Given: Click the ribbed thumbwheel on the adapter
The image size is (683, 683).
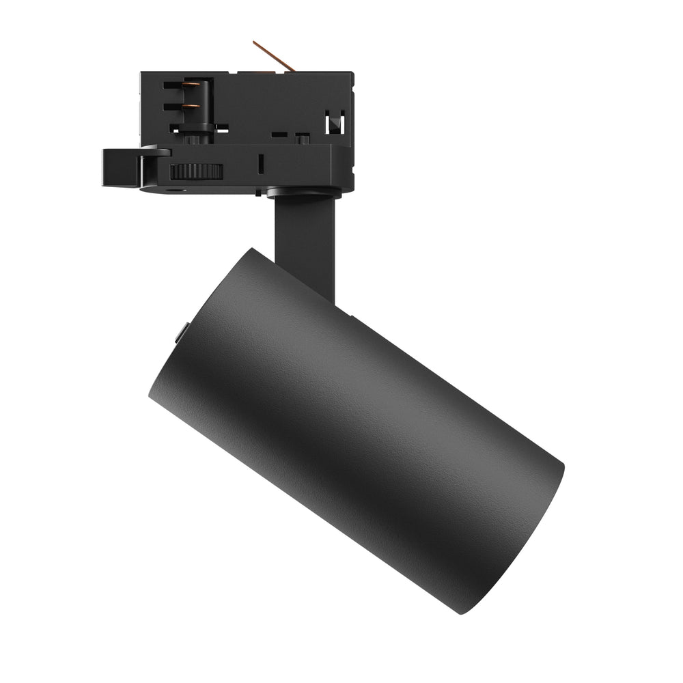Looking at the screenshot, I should [x=197, y=171].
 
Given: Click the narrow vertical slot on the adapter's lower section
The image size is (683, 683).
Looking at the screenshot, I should [x=260, y=164].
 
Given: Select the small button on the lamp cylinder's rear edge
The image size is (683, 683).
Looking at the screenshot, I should [x=179, y=334].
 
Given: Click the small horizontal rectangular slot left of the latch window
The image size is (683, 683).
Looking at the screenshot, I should [x=278, y=135].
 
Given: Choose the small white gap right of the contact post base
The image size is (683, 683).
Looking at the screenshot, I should [x=221, y=127].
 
